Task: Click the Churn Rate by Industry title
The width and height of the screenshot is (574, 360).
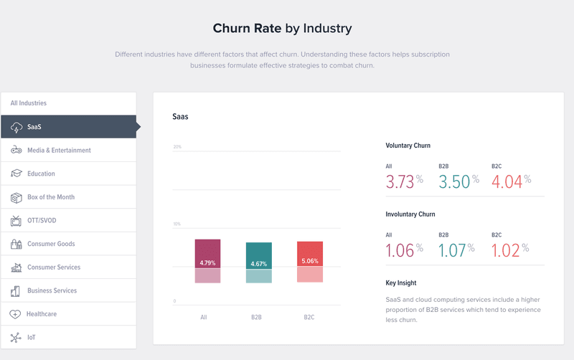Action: coord(282,29)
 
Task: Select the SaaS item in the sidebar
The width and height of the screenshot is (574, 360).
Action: coord(34,127)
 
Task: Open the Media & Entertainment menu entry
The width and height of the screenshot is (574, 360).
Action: coord(59,151)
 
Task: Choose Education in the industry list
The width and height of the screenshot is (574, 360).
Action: coord(41,174)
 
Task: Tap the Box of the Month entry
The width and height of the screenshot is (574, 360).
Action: coord(50,197)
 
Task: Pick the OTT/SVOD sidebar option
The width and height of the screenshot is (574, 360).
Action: coord(43,220)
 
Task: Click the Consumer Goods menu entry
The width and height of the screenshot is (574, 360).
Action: coord(51,244)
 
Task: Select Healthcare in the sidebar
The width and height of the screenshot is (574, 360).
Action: coord(41,314)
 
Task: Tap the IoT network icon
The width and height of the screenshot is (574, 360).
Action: coord(16,338)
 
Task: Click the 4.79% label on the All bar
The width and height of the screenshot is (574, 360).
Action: coord(207,262)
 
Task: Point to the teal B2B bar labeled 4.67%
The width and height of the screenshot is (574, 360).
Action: coord(258,255)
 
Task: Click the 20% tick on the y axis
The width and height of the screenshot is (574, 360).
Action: coord(177,148)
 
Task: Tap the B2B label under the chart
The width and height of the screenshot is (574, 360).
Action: coord(257,316)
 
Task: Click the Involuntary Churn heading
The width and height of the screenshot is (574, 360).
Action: coord(410,214)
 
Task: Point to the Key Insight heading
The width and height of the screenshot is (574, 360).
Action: coord(400,283)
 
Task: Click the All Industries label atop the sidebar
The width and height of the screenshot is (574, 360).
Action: coord(29,103)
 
